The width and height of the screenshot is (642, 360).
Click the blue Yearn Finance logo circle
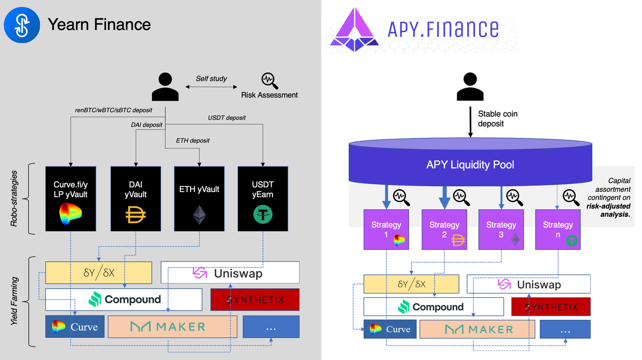coord(22,25)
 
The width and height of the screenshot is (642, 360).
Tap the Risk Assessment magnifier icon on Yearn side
coord(269,80)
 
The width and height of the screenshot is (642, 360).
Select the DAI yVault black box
coord(135,199)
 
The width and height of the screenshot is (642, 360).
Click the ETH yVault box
coord(199,199)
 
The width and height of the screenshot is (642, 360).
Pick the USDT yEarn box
coord(263,199)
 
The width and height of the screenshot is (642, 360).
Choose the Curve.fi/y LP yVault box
coord(71,199)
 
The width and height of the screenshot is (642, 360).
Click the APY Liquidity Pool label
coord(470,165)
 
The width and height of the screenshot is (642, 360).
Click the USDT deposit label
coord(227,118)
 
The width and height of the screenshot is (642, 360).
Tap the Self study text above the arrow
coord(212,78)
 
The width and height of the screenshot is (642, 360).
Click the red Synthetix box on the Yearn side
coord(255,300)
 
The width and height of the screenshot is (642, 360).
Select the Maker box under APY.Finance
coord(477,329)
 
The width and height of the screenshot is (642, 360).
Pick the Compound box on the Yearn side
coord(124,300)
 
